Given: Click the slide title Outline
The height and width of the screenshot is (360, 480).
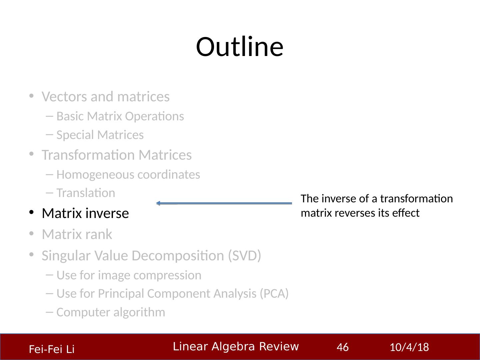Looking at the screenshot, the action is pos(239,47).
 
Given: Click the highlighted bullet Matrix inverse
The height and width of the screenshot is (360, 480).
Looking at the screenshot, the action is pos(85,213).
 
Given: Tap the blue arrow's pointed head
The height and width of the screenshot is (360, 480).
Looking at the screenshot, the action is pos(157,203).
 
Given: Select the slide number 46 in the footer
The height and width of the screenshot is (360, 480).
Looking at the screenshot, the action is pos(342,347).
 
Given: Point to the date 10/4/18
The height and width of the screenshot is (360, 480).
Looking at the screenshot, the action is pos(409,347).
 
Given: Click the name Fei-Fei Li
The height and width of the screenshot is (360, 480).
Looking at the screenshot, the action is pos(52,349).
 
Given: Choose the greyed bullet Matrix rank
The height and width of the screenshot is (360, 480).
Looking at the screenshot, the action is pos(77,234).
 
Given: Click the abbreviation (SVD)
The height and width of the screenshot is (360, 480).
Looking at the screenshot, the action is pos(244,255).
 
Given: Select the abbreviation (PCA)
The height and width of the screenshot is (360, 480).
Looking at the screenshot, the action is pos(274,293).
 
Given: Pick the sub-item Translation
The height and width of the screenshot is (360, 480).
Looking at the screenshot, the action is pos(86,193).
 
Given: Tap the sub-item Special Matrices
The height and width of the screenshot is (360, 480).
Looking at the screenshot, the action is pos(100,135).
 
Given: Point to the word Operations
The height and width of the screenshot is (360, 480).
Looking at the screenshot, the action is pos(154,116).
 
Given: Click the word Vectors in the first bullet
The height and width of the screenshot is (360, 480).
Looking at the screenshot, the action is pos(65,96).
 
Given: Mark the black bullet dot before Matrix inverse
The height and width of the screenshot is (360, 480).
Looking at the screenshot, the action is pos(31,212).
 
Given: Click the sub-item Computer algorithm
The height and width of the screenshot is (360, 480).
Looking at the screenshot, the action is pos(111,312).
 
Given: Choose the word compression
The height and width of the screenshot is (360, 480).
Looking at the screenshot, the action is pos(168,275).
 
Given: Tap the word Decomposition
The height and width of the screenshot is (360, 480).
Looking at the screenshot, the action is pos(178,256).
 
